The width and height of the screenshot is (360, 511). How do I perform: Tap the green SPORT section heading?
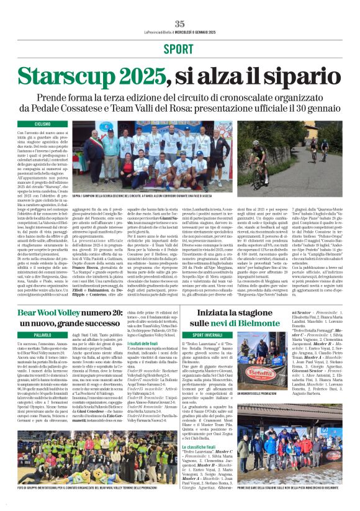179,49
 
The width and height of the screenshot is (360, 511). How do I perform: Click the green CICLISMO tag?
43,124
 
